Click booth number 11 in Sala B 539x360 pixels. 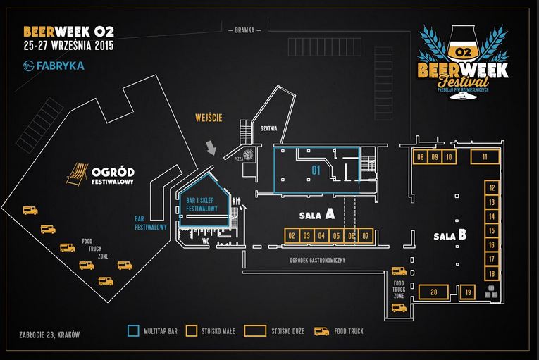tap(485, 157)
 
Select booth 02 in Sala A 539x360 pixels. tap(292, 236)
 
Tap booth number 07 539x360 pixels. tap(365, 236)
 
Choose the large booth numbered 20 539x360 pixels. tap(434, 292)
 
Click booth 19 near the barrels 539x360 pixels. tap(469, 292)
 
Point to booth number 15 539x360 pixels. tap(492, 230)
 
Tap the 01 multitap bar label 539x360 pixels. tap(316, 170)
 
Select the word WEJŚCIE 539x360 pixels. tap(209, 118)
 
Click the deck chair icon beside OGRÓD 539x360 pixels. tap(77, 171)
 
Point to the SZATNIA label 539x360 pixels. tap(268, 128)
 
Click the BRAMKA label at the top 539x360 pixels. tap(246, 30)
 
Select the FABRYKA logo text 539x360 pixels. tap(60, 66)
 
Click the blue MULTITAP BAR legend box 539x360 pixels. tap(132, 330)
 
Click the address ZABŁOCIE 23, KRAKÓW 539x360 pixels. tap(50, 333)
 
